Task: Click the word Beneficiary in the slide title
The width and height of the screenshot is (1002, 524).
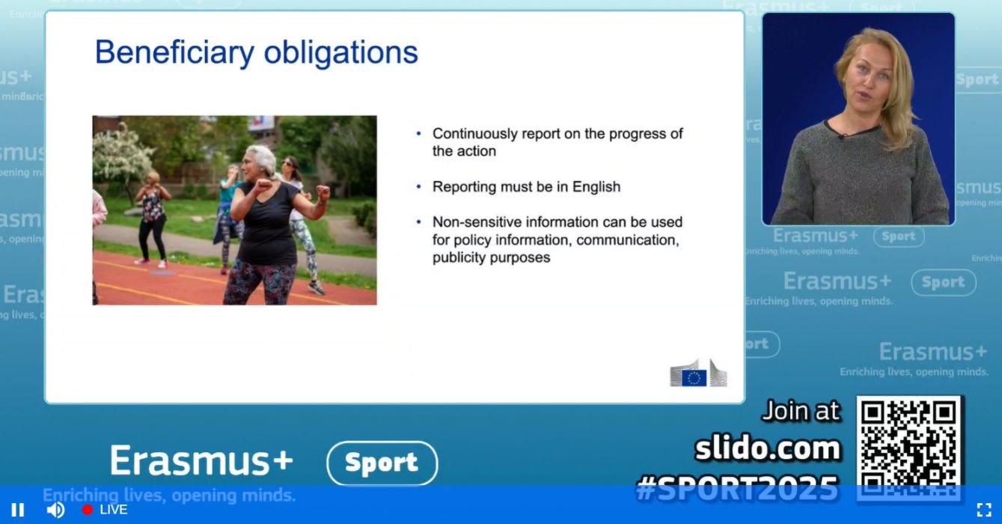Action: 174,53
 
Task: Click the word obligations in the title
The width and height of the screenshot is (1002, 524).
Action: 340,52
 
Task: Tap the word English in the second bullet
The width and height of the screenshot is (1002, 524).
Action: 596,187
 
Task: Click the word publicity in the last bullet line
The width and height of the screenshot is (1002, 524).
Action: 459,258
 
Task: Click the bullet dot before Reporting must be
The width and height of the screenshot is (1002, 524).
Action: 419,186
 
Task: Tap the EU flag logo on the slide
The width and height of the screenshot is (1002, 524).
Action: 694,378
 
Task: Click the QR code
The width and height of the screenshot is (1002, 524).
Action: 908,448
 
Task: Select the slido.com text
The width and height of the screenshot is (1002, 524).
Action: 768,448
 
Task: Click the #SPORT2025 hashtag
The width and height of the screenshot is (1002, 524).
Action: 737,488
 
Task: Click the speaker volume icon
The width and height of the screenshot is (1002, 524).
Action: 55,510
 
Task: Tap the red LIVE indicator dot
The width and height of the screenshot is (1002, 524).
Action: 88,510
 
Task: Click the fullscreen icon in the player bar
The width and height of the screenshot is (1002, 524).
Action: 984,510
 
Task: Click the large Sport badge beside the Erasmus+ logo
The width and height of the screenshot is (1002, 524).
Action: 382,463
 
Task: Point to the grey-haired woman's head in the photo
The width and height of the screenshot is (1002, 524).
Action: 259,161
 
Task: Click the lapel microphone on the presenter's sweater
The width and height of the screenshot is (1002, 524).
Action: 841,135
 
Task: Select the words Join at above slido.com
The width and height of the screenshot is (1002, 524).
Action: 801,411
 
